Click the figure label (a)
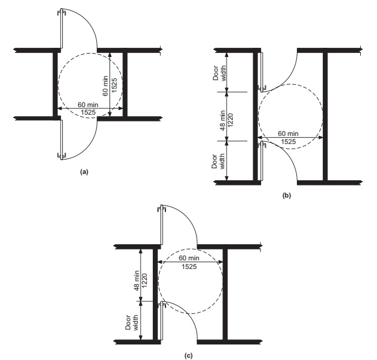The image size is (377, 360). click(x=84, y=172)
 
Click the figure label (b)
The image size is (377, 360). click(x=286, y=195)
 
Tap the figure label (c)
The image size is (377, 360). click(x=188, y=355)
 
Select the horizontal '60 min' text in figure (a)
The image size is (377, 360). click(x=88, y=105)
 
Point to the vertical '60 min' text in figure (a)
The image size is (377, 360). click(x=106, y=86)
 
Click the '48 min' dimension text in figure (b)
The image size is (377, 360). click(x=223, y=120)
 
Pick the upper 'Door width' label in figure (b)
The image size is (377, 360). click(x=219, y=73)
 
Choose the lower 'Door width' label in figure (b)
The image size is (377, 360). click(x=218, y=161)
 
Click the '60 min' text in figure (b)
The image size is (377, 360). click(x=288, y=134)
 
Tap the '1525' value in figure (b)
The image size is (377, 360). click(x=288, y=142)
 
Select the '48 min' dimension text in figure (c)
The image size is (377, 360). click(x=137, y=281)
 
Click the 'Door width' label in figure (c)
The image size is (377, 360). click(x=132, y=323)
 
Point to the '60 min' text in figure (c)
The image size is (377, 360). click(x=189, y=258)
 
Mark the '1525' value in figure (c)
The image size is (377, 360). click(x=189, y=266)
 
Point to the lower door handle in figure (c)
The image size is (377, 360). click(x=162, y=305)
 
